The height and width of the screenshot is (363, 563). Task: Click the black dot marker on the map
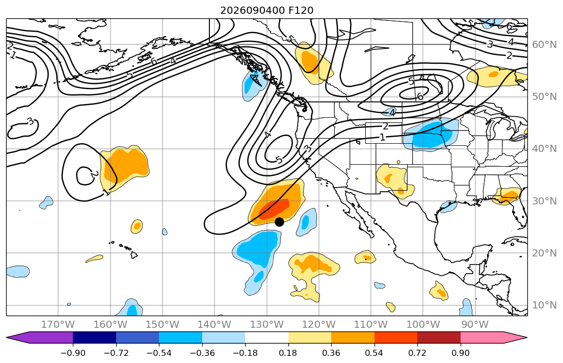pos(279,222)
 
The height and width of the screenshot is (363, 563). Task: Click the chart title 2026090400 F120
pos(267,10)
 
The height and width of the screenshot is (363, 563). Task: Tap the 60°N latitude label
pos(544,44)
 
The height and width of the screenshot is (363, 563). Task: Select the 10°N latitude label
pos(544,305)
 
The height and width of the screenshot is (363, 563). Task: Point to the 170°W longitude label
pos(58,325)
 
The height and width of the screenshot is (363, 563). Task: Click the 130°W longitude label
pos(267,325)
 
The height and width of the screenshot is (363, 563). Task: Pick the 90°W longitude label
pos(475,325)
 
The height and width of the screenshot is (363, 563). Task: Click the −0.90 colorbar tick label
pos(73,353)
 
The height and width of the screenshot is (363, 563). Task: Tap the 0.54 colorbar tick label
pos(374,353)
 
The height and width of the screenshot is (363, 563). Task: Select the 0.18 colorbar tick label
pos(288,353)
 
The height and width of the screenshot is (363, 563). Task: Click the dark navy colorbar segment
pos(94,338)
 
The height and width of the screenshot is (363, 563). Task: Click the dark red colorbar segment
pos(439,338)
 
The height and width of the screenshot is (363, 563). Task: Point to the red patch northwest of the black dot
pos(275,209)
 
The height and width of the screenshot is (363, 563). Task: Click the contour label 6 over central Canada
pos(420,96)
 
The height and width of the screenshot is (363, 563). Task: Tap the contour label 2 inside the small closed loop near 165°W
pos(94,175)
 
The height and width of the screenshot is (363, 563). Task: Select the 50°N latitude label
pos(544,97)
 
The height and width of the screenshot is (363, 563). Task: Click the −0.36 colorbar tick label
pos(202,353)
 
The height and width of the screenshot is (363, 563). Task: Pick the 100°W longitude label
pos(423,325)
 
